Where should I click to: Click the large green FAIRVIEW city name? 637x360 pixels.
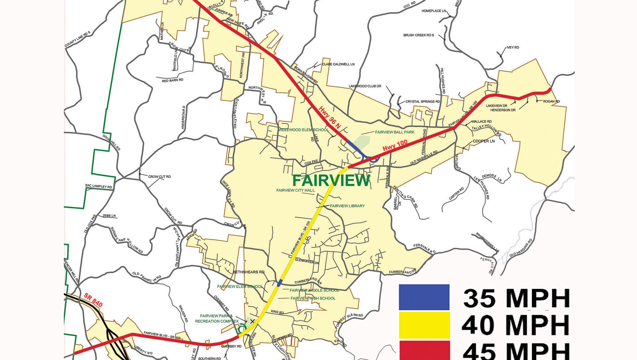pos(331,180)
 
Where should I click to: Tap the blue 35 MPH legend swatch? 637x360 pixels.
pos(424,297)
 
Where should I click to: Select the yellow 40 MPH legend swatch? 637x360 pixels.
pos(424,325)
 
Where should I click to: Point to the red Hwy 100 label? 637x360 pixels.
pos(395,145)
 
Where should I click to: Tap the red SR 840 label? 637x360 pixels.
pos(93,300)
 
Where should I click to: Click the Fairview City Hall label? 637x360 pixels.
pos(295,190)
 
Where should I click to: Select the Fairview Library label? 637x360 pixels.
pos(347,206)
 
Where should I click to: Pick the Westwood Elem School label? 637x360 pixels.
pos(303,130)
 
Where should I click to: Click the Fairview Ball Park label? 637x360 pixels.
pos(394,132)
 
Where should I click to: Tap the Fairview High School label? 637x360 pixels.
pos(313,298)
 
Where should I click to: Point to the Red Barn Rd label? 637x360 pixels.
pos(172,80)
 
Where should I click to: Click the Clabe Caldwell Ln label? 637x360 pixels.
pos(338,64)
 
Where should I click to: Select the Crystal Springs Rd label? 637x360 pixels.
pos(422,102)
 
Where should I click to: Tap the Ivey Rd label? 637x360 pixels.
pos(512,48)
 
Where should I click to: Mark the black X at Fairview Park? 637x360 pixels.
pos(252,321)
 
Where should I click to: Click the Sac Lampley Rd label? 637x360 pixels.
pos(99,186)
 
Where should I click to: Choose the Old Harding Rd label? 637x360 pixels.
pos(521,248)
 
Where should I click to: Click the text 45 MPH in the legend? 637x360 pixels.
pos(516,351)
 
